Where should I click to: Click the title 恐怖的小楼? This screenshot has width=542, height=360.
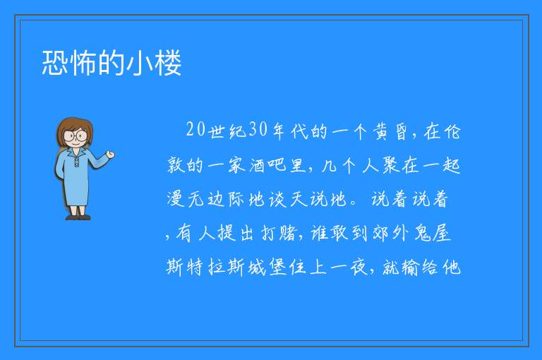click(112, 63)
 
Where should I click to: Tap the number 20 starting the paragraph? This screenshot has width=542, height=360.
click(196, 130)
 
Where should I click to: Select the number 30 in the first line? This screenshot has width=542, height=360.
click(258, 130)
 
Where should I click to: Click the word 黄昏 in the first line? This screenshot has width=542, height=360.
click(391, 131)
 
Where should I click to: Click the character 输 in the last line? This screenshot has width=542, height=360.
click(410, 268)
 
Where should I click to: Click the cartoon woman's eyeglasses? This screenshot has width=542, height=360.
click(76, 135)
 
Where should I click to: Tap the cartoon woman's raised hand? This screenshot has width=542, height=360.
click(110, 155)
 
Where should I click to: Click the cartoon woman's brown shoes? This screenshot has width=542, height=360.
click(78, 217)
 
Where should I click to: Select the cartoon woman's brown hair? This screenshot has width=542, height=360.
click(75, 130)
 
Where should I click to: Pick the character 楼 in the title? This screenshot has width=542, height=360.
click(169, 63)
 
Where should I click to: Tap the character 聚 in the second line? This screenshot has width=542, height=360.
click(391, 165)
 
